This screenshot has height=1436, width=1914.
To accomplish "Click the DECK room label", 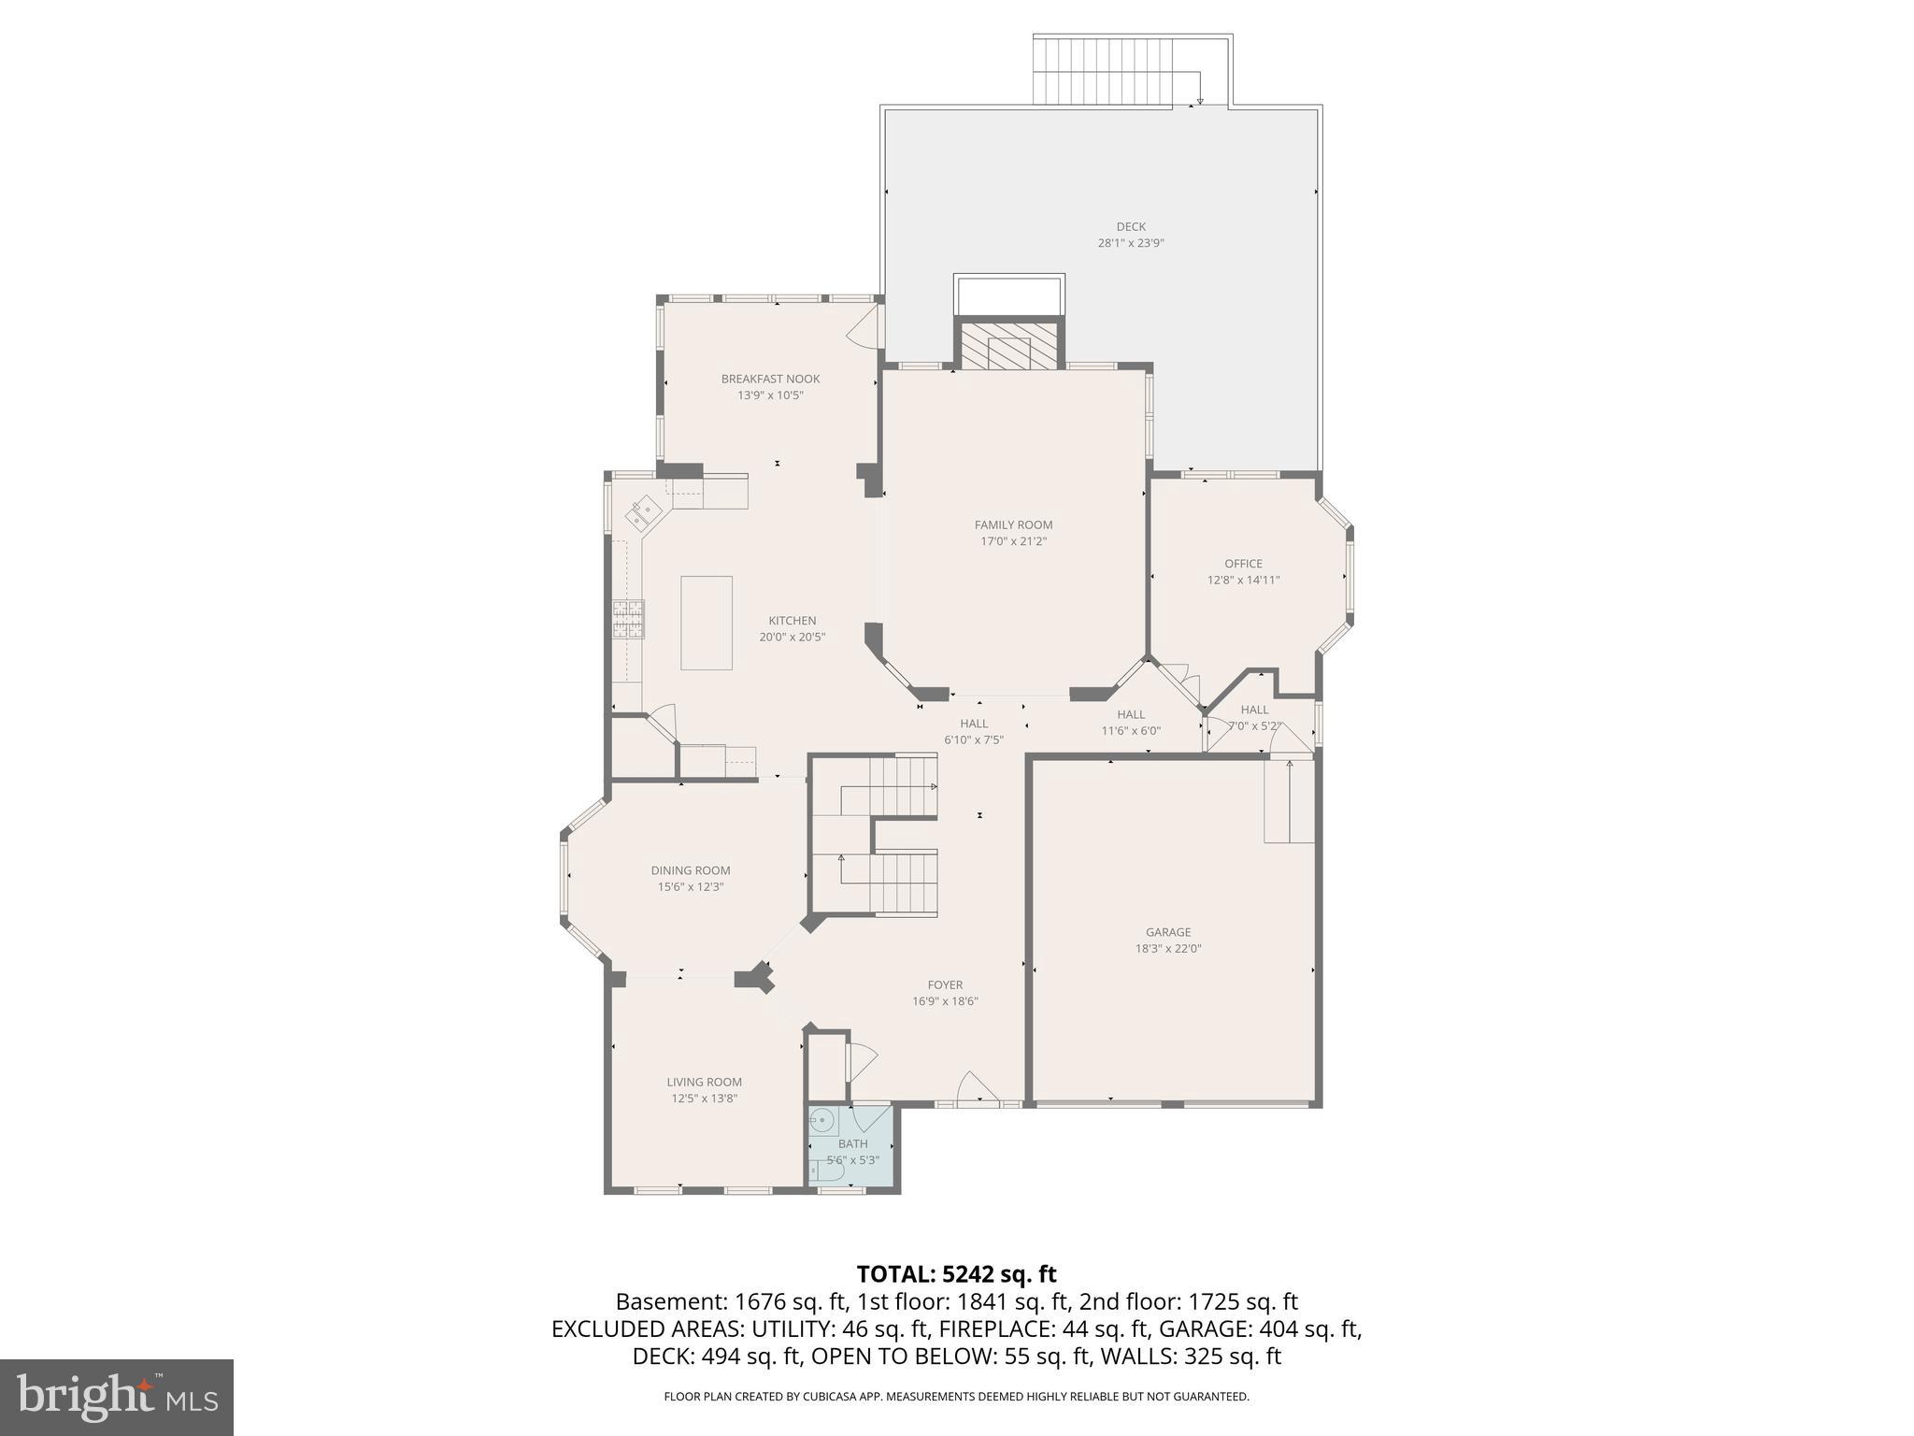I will coord(1130,226).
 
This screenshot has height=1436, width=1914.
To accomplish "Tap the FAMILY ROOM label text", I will coord(1013,524).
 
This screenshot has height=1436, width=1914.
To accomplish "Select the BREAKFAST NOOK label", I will coord(770,379).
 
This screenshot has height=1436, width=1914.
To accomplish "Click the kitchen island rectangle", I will coord(706,623).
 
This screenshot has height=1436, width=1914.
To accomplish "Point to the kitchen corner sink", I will coord(643,512).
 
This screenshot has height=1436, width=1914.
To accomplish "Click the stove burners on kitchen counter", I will coord(628,619).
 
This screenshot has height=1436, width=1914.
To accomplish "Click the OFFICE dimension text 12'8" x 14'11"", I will coord(1243,580).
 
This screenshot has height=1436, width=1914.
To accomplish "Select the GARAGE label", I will coord(1168,932).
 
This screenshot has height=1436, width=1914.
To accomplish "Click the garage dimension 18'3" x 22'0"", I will coord(1168,948).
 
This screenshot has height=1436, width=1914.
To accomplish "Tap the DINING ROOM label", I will coord(691,870).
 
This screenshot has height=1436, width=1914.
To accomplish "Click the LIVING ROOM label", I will coord(704,1082).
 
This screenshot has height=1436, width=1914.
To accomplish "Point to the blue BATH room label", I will coord(852,1143).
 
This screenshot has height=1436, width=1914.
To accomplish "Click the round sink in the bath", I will coord(821,1120).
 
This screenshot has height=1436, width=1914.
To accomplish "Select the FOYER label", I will coord(945,984).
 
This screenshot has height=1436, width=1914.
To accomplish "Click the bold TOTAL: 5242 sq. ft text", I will coord(956,1274).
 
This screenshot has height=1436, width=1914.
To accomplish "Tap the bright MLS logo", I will coord(117,1397).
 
